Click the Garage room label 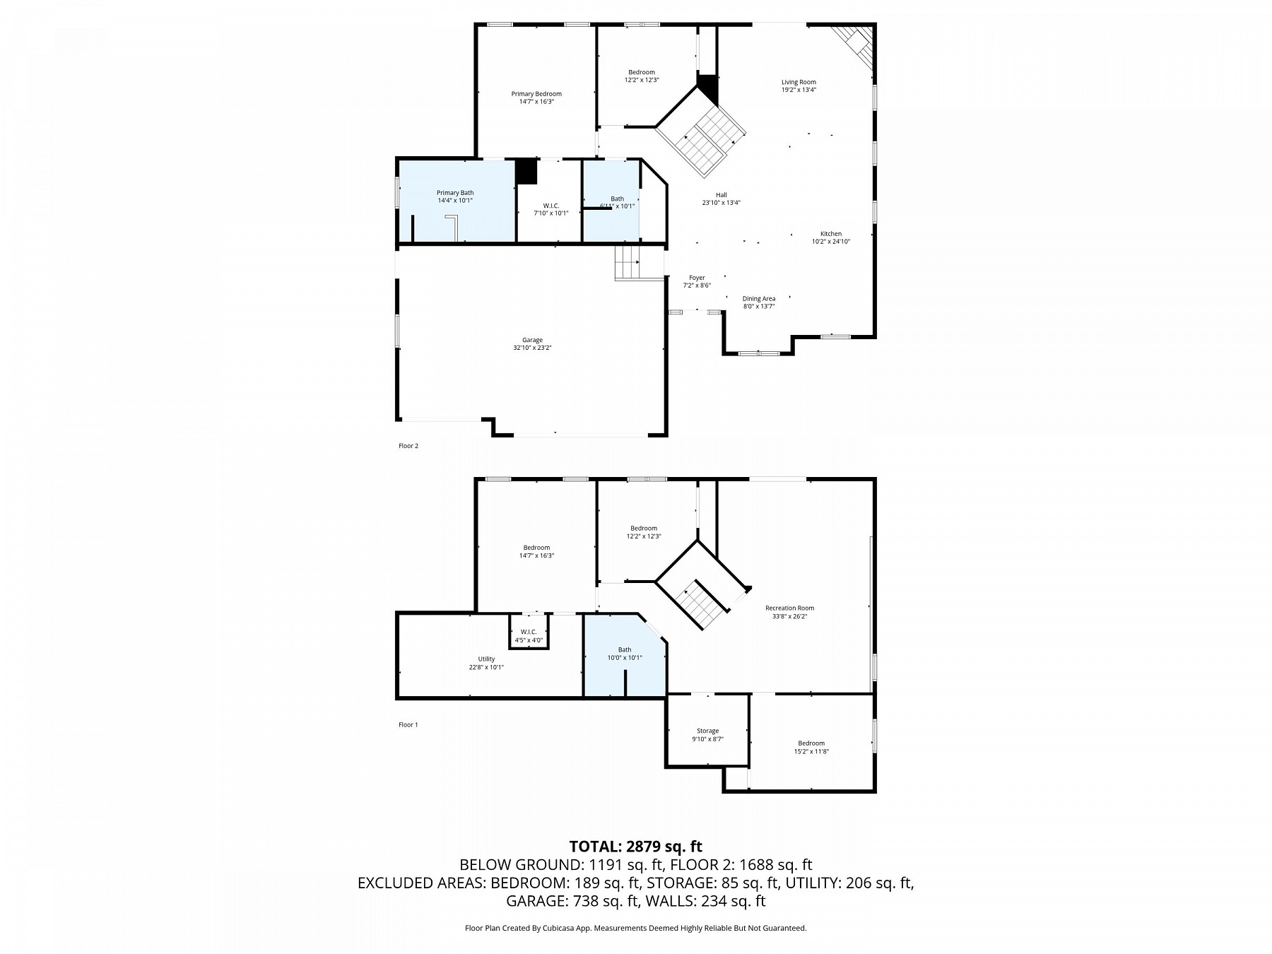pos(532,341)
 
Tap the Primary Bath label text pos(455,193)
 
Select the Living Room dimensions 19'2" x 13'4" pos(799,90)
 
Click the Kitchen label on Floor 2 pos(830,234)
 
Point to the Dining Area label pos(758,299)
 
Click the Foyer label pos(697,278)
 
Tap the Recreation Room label pos(789,608)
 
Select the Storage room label pos(707,731)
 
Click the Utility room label pos(486,659)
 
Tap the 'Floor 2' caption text pos(408,446)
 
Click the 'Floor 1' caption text pos(408,724)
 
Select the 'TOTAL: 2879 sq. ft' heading pos(635,847)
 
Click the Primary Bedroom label pos(536,94)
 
